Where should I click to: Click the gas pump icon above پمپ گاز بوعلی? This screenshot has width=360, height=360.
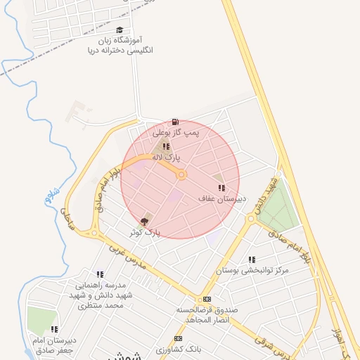pos(174,122)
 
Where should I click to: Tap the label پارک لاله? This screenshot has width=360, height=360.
pos(168,157)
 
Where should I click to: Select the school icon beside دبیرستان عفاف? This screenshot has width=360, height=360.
pos(221,188)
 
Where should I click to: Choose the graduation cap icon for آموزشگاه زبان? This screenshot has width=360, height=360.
pos(120,30)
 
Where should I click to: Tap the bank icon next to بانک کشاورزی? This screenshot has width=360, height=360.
pos(177,338)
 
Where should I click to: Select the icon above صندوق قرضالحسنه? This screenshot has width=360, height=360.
pos(206,299)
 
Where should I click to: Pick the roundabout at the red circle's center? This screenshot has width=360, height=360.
pos(181,174)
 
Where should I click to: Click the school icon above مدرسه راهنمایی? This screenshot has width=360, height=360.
pos(100,274)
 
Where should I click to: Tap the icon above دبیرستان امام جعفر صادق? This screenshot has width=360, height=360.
pos(54,329)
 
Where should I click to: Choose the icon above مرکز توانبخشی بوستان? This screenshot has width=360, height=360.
pos(252,259)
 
